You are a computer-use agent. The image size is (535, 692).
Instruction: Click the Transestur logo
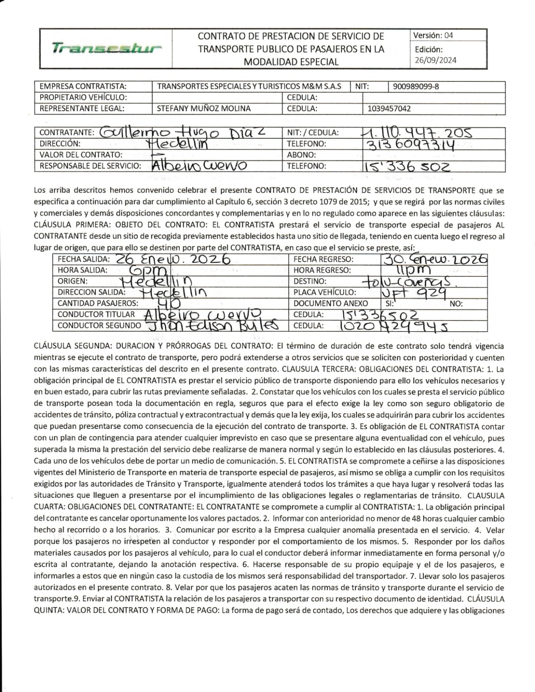(106, 48)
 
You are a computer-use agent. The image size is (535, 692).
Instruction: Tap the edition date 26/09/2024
(435, 61)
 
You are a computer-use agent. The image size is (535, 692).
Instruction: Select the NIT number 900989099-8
(416, 86)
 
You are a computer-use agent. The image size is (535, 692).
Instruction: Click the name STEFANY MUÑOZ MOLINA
(203, 109)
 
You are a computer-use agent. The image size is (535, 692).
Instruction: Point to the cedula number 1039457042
(389, 109)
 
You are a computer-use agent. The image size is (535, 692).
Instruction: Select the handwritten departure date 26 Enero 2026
(173, 259)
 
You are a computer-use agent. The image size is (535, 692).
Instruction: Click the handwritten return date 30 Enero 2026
(435, 259)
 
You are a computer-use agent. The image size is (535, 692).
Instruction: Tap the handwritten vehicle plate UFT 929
(413, 293)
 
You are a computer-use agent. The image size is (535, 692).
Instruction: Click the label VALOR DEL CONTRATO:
(81, 155)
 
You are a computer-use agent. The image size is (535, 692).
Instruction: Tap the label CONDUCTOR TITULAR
(96, 314)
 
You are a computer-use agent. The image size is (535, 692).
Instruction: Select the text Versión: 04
(433, 35)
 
